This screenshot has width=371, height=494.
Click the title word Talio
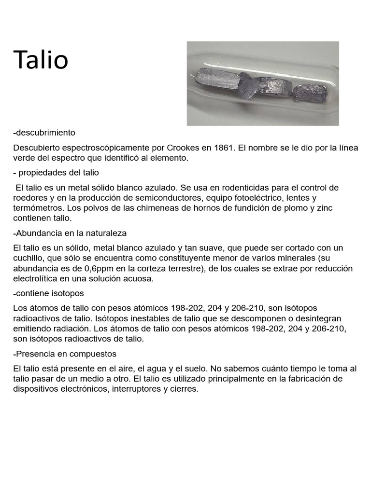pyautogui.click(x=41, y=60)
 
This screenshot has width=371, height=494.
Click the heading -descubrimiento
pyautogui.click(x=44, y=132)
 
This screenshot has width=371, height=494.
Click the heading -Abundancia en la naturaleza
pyautogui.click(x=70, y=233)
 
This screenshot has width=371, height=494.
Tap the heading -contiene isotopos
pyautogui.click(x=49, y=293)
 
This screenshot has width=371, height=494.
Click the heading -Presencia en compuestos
pyautogui.click(x=65, y=354)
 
